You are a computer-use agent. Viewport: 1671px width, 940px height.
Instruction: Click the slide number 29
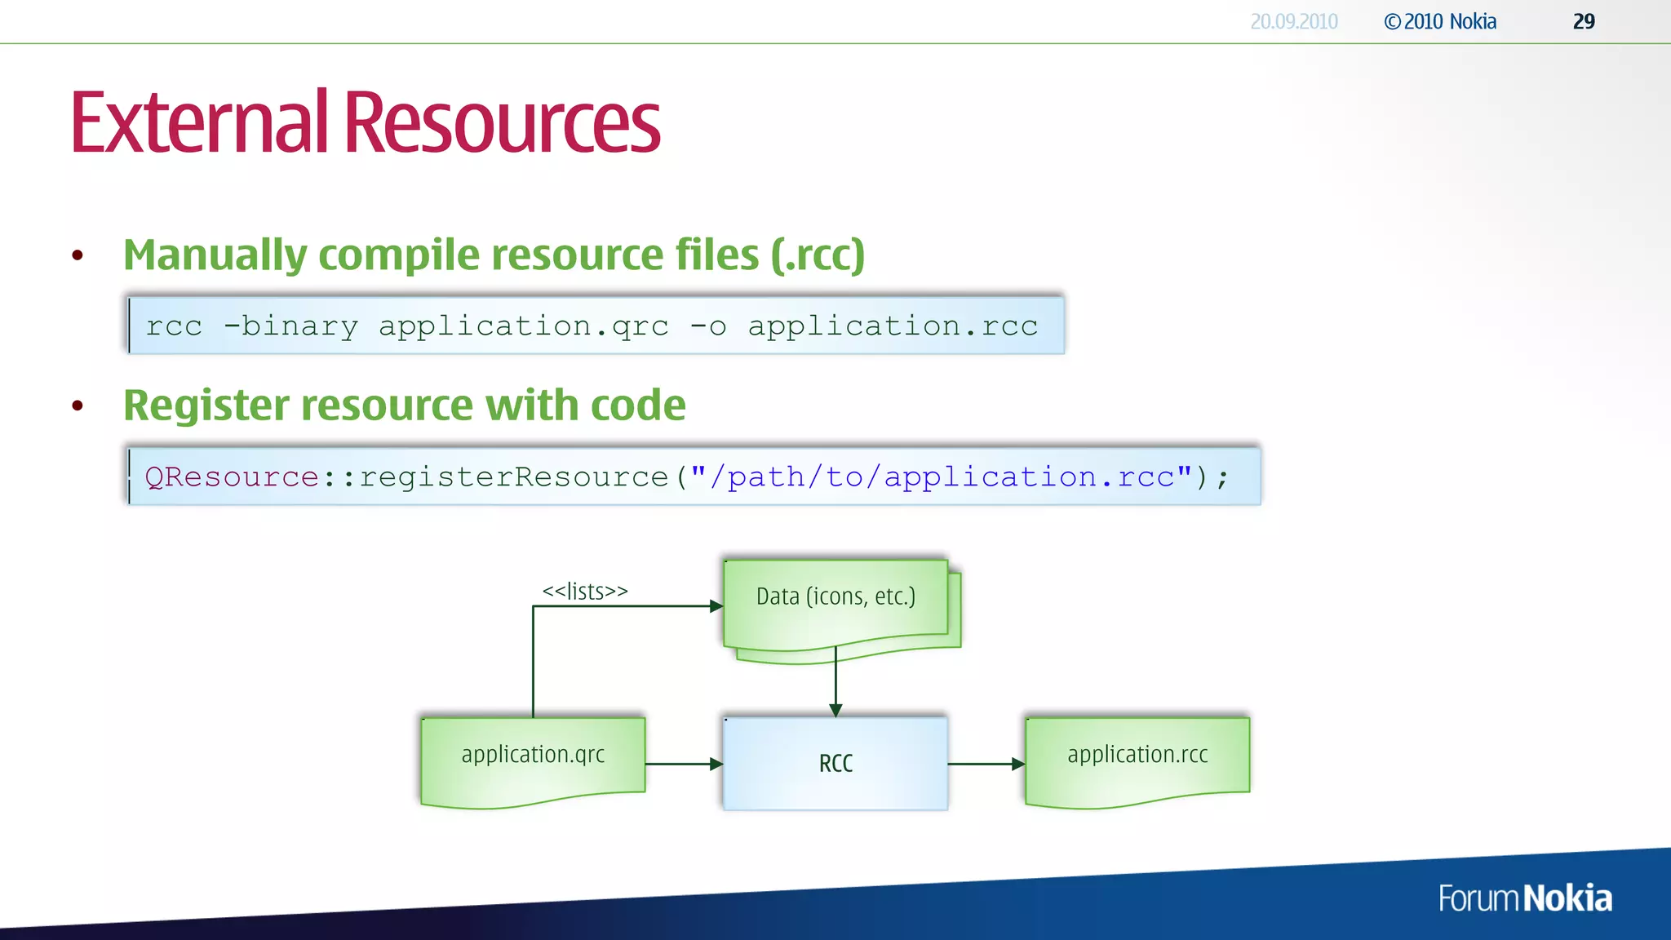click(x=1584, y=21)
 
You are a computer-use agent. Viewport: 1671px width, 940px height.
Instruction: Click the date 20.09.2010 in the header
click(x=1294, y=21)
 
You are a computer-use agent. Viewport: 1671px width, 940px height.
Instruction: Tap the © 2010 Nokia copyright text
click(x=1440, y=21)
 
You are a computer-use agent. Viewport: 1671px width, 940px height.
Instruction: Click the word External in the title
click(x=198, y=122)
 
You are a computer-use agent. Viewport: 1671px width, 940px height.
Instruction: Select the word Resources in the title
click(x=501, y=122)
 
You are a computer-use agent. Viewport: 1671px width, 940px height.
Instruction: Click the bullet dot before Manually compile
click(x=78, y=255)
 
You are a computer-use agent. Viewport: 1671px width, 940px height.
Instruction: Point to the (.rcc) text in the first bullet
click(x=818, y=255)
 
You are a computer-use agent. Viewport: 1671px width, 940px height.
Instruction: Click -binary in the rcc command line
click(x=290, y=326)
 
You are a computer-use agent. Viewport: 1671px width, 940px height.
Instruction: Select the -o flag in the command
click(x=707, y=326)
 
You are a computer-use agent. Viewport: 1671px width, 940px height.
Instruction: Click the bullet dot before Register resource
click(x=78, y=406)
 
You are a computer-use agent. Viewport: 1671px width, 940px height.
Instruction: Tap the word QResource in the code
click(x=232, y=477)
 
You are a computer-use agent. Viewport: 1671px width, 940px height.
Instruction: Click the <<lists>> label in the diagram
click(x=585, y=591)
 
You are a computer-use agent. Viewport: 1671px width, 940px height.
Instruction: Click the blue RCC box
click(x=835, y=763)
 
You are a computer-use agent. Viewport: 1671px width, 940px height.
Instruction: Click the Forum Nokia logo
click(x=1524, y=898)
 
